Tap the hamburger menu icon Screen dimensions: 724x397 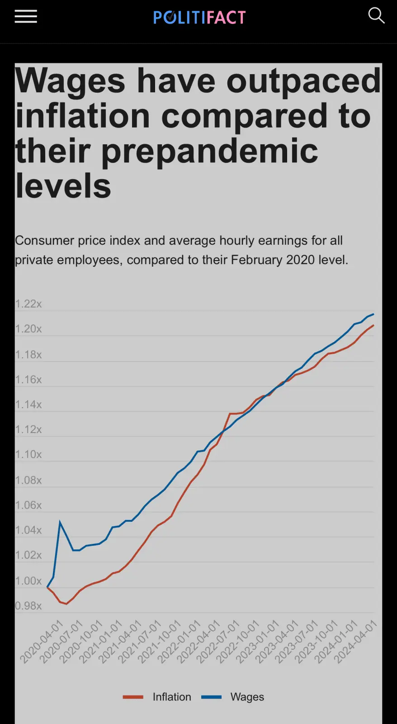point(26,17)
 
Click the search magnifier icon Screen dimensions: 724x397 point(376,16)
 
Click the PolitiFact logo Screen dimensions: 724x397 point(199,17)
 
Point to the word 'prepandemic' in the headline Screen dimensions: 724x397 point(210,151)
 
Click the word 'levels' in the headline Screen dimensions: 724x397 point(63,186)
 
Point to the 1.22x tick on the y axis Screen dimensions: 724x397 point(28,304)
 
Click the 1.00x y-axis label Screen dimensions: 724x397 point(28,581)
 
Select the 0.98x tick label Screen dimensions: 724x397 point(28,606)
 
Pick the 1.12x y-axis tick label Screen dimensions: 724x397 point(28,429)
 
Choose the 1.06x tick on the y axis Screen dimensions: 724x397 point(28,505)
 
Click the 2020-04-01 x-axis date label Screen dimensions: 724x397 point(42,642)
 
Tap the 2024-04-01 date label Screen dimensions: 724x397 point(355,642)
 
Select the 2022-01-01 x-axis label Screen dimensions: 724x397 point(179,642)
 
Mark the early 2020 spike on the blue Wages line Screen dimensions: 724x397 point(60,522)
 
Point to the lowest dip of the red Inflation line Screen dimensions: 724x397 point(66,604)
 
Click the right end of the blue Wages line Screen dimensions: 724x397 point(373,314)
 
